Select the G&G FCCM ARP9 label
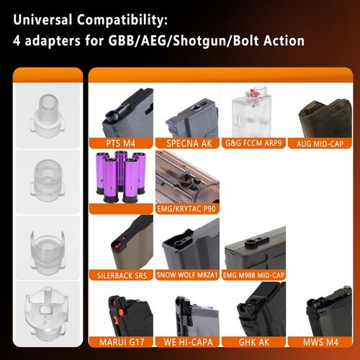click(256, 143)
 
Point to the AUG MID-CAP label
click(321, 143)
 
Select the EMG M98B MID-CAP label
click(256, 274)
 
